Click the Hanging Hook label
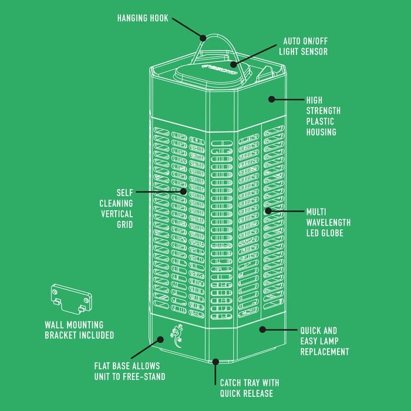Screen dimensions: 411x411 pos(143,18)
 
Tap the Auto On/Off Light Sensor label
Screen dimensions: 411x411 pos(304,46)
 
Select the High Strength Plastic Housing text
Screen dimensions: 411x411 pos(324,116)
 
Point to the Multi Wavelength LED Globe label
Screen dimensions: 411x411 pos(328,223)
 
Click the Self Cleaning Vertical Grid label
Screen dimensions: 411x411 pos(116,208)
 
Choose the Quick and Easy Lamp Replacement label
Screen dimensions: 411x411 pos(325,341)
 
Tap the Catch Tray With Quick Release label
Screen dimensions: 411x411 pos(250,388)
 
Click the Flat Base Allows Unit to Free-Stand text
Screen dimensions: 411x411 pos(130,372)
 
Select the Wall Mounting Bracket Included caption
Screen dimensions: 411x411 pos(79,330)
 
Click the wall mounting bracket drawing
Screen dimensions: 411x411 pos(71,299)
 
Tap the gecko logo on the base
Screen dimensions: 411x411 pos(177,336)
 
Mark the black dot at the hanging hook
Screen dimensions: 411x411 pos(203,38)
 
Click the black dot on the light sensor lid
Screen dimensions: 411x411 pos(234,65)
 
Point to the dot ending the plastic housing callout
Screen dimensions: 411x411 pos(272,99)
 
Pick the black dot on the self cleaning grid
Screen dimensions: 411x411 pos(183,191)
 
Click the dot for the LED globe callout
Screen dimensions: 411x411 pos(268,211)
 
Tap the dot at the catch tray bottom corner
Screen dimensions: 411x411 pos(215,362)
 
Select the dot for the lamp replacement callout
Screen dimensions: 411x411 pos(262,330)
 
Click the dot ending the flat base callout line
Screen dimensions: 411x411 pos(160,340)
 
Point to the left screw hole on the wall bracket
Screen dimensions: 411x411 pos(55,292)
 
